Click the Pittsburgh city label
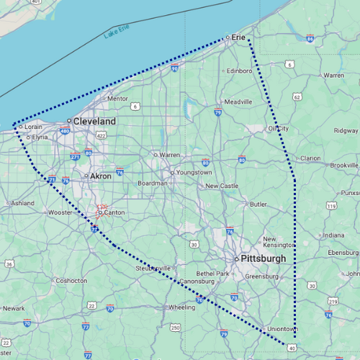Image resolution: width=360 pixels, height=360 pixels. tap(264, 258)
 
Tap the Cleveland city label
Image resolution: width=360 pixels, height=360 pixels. tap(94, 122)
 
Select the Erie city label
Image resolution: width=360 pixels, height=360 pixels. tap(238, 37)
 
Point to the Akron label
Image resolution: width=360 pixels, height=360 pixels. tap(100, 176)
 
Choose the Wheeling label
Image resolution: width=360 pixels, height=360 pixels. tap(181, 307)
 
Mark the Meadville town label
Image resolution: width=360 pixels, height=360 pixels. tap(238, 102)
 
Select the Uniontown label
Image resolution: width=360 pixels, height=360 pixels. tap(282, 328)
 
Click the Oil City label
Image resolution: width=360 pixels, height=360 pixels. tap(278, 128)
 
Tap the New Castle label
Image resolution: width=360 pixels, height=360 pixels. tap(222, 186)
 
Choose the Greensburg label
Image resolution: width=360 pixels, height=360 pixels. tap(261, 276)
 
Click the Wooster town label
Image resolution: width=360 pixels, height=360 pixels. tap(60, 212)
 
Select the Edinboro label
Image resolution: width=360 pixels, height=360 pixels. tap(240, 71)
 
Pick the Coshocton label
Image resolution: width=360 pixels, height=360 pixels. tap(72, 280)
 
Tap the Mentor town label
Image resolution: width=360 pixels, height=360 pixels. tap(117, 99)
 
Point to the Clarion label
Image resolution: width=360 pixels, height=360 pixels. tap(310, 158)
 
